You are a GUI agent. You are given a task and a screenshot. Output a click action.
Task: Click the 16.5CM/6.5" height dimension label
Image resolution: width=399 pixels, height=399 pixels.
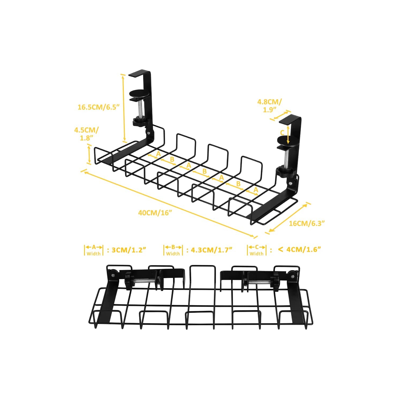pos(98,107)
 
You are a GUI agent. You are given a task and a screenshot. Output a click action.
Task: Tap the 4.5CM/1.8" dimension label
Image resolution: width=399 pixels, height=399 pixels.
pos(86,134)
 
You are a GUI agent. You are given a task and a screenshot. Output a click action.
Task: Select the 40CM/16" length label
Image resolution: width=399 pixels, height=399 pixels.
pos(155,213)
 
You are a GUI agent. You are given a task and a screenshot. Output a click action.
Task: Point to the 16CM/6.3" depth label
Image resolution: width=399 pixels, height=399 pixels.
pos(307,223)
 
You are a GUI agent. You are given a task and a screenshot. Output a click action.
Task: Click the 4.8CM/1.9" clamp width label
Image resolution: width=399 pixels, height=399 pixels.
pos(269,105)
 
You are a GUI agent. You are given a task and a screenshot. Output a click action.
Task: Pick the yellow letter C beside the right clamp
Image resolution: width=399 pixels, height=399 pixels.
pos(282,132)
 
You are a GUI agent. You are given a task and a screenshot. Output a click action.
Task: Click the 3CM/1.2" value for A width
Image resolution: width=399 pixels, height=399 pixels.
pos(129,250)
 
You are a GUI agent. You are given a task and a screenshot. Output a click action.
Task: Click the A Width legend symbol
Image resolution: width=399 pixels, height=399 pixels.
pos(94,250)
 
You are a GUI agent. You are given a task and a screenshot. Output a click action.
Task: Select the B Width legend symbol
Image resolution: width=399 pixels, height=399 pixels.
pos(173,250)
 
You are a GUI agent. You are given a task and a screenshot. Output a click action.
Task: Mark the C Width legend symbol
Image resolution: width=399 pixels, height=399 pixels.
pos(257,250)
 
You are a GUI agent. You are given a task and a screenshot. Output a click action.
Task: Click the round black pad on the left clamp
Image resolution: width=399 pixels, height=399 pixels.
pos(139,94)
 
